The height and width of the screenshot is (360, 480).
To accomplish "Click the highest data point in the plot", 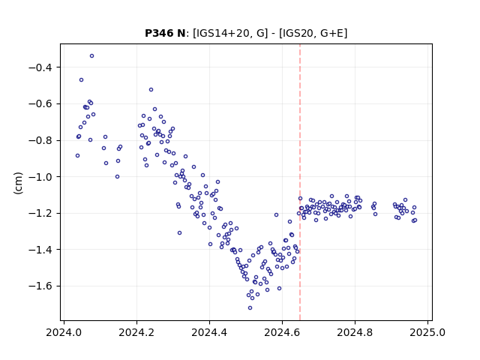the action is pos(91,56).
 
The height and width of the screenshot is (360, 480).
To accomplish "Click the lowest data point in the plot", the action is pos(250,308).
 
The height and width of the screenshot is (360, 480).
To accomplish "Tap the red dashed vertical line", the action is pos(300,182).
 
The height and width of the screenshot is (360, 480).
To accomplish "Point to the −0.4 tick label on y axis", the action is pos(42,67).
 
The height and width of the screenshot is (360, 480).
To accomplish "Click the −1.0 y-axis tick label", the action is pos(42,177).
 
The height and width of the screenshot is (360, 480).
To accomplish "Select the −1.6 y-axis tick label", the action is pos(42,286).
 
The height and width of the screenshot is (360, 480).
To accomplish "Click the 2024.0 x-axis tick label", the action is pos(64,332).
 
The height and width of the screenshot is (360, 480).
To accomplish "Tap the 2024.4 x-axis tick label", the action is pos(210,332).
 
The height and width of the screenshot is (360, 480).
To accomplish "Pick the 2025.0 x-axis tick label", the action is pos(427,332).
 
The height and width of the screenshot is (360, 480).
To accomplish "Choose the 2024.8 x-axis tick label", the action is pos(355,332).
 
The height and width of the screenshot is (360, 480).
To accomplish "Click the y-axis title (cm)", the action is pos(18,183).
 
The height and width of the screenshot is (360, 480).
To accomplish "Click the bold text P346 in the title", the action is pos(157,33).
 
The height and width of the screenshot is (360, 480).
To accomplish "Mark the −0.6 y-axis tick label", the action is pos(42,103).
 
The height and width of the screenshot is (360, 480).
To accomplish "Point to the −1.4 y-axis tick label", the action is pos(42,250).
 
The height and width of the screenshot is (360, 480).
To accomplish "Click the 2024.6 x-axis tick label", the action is pos(282,332).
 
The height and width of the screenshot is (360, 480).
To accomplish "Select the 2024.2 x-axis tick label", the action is pos(136,332).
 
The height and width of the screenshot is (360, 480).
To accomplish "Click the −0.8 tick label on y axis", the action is pos(42,140).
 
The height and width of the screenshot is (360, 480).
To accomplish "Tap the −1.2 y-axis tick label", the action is pos(42,213).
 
